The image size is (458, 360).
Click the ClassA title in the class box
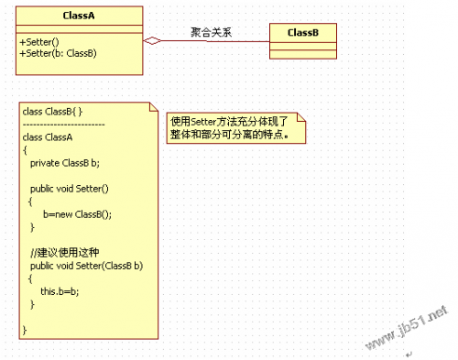(x=78, y=16)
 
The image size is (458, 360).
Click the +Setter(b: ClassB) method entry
(x=58, y=53)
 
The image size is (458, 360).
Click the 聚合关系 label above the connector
(x=212, y=31)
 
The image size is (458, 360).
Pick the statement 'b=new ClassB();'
(x=76, y=214)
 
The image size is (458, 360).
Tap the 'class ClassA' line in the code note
(x=47, y=137)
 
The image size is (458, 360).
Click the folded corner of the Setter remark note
(x=300, y=117)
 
